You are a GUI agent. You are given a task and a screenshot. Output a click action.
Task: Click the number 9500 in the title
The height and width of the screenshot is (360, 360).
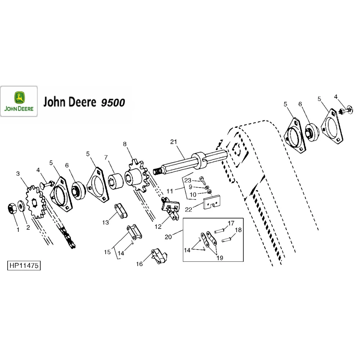[113, 103]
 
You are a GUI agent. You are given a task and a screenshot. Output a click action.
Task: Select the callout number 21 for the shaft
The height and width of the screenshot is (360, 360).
[174, 142]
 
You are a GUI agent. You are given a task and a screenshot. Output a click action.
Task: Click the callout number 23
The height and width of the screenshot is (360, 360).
[188, 180]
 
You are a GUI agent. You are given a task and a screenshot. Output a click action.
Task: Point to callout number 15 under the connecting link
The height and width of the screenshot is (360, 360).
[107, 252]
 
